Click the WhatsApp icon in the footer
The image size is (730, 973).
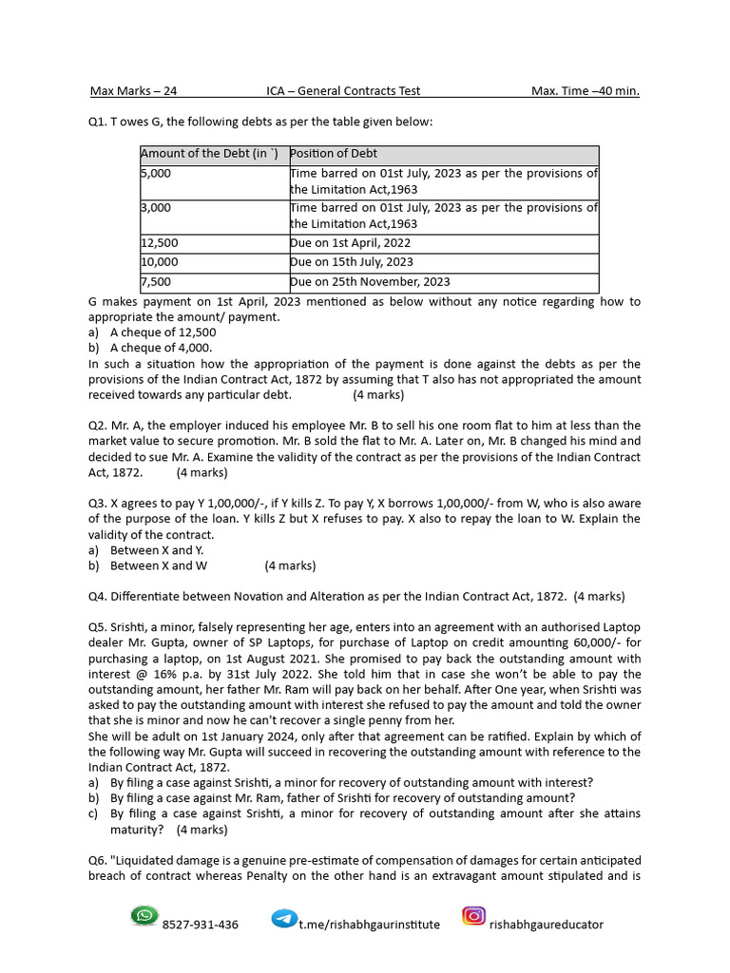point(144,916)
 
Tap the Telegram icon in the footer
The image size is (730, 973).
point(284,918)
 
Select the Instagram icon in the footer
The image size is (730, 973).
point(473,916)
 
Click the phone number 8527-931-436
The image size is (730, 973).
point(201,925)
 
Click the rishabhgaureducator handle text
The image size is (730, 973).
point(546,925)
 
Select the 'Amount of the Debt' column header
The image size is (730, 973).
point(210,154)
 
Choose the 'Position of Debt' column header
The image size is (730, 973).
point(334,154)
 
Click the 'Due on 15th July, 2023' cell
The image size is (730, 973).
point(352,262)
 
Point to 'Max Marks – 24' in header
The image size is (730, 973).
point(133,91)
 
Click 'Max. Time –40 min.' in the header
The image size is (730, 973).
point(585,91)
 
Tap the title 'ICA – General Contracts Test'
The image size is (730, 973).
point(343,91)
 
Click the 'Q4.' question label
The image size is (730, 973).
point(98,597)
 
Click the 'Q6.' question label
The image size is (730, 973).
point(98,860)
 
